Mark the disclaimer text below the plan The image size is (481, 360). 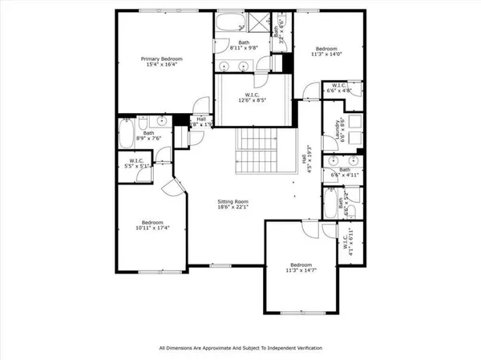pos(240,348)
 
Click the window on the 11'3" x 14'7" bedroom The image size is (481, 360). pos(302,311)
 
